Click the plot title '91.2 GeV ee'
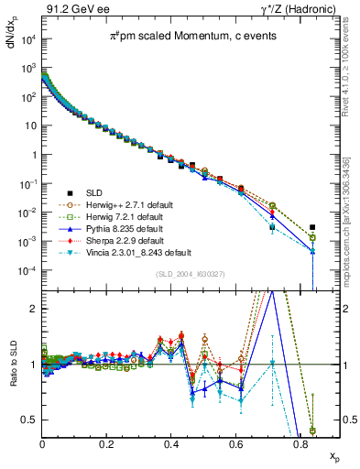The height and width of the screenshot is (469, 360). click(70, 8)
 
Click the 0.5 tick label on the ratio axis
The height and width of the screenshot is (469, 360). click(27, 420)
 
